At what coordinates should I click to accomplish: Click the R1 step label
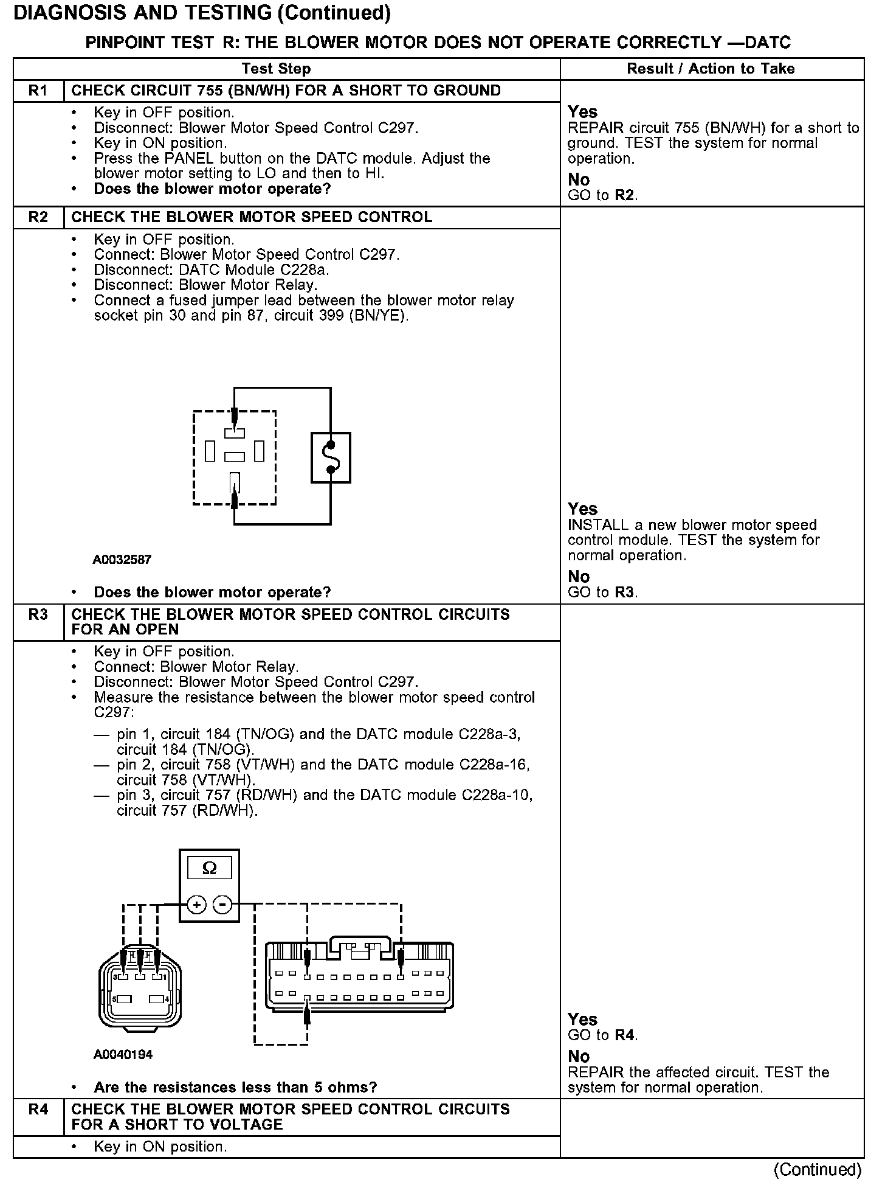(x=38, y=91)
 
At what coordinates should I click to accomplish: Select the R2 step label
(x=38, y=218)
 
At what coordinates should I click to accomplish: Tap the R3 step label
(x=38, y=614)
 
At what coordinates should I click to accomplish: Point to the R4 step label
(x=38, y=1109)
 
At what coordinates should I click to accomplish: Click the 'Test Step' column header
(x=276, y=69)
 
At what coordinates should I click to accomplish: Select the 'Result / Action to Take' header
(x=711, y=69)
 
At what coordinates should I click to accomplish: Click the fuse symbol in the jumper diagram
(x=331, y=457)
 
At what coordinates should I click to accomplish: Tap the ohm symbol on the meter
(x=209, y=868)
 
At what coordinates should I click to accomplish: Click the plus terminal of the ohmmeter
(x=196, y=905)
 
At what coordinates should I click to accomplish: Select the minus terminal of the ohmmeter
(x=223, y=905)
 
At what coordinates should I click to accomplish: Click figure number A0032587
(x=122, y=560)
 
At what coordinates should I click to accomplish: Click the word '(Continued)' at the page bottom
(x=817, y=1169)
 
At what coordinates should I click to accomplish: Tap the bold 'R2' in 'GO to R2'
(x=625, y=195)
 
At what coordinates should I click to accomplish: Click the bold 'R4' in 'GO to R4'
(x=625, y=1035)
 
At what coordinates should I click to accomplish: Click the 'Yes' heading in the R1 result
(x=582, y=112)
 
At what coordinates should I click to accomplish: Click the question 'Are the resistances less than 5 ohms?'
(x=235, y=1087)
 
